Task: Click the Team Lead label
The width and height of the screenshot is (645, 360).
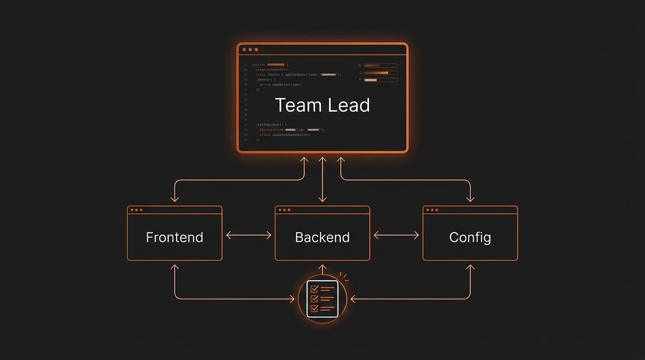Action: (322, 105)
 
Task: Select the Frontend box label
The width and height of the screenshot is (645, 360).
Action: (174, 237)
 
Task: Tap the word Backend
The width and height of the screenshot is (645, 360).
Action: (322, 237)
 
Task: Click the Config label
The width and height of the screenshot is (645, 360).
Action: (470, 237)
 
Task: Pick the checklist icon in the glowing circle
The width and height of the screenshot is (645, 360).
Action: (322, 299)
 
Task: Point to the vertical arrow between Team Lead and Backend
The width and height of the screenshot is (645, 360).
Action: (322, 180)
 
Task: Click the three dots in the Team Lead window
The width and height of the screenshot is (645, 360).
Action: (250, 49)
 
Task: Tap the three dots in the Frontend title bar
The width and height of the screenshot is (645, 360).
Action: (137, 210)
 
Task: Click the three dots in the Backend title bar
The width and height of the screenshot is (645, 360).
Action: (285, 210)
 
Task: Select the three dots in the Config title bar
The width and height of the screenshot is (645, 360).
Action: (433, 210)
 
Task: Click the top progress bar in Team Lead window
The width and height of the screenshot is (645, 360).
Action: (380, 66)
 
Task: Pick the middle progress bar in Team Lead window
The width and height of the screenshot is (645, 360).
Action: (380, 73)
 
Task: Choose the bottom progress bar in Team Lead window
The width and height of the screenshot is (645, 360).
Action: (380, 80)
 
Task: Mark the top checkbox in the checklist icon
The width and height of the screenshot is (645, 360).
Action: (314, 289)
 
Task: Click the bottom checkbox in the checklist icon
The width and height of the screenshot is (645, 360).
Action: (314, 308)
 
